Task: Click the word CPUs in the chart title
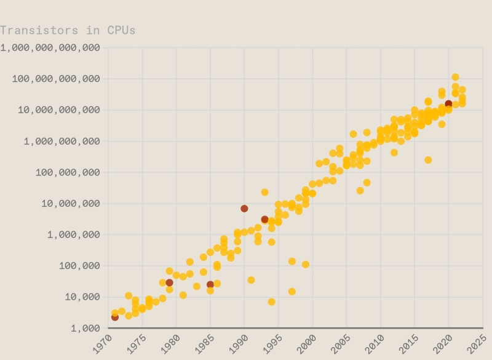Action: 121,30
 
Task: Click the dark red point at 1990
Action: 244,209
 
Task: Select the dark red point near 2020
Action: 448,104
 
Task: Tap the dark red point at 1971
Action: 115,317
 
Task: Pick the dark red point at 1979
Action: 169,282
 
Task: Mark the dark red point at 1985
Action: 210,284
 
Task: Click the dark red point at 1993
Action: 264,219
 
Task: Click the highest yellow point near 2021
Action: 455,78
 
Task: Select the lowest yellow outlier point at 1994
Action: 271,302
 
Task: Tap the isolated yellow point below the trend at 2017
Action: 428,160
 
